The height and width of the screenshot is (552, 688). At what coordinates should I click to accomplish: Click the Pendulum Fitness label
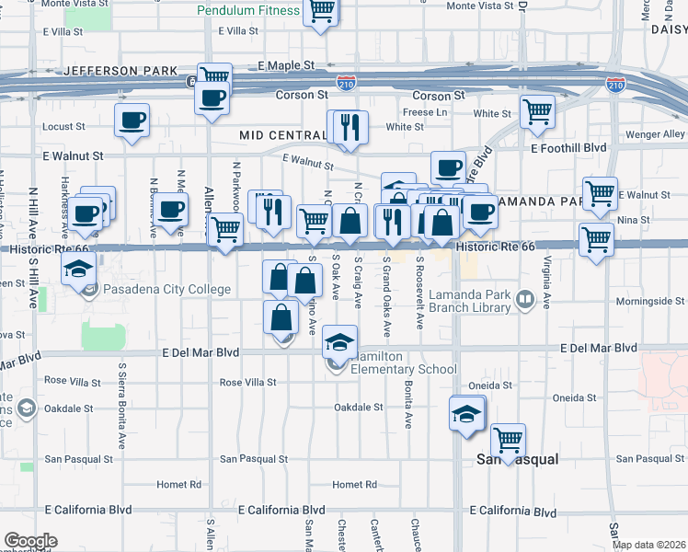(x=248, y=11)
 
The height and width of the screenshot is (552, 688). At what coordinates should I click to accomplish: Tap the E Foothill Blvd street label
(x=568, y=147)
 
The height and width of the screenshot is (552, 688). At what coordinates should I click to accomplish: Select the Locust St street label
(x=63, y=126)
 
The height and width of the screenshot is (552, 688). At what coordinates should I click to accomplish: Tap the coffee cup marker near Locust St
(x=132, y=120)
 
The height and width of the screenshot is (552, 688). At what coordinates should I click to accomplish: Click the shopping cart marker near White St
(x=537, y=111)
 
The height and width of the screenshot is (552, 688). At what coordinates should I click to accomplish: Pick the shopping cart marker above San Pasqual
(x=508, y=440)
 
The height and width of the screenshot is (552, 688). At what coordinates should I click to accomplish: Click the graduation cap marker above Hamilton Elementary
(x=339, y=342)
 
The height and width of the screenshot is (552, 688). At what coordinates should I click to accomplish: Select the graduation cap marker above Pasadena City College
(x=79, y=269)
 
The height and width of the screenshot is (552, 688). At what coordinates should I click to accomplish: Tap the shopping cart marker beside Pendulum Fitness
(x=321, y=11)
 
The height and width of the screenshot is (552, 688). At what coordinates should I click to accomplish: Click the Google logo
(x=29, y=541)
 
